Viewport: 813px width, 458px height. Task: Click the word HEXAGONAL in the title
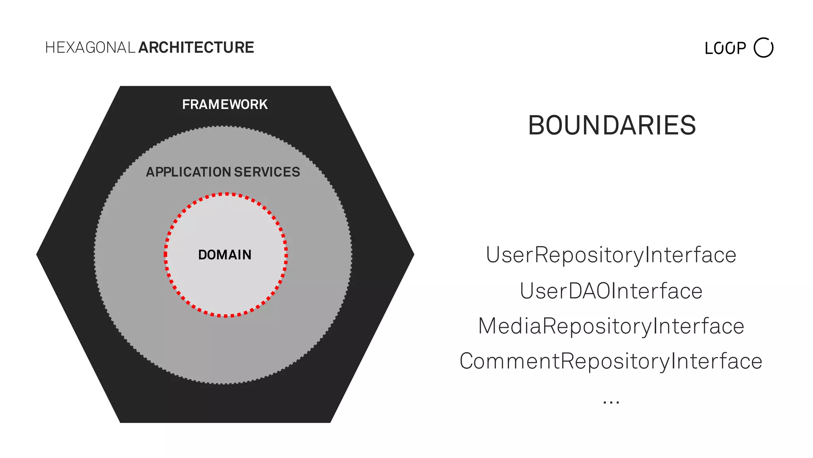(x=91, y=48)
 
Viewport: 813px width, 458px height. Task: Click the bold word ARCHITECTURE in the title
(x=196, y=48)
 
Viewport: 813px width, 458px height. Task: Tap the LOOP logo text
(x=725, y=49)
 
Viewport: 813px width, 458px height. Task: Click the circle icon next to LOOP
(x=763, y=48)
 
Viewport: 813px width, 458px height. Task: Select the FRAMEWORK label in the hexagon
(x=225, y=105)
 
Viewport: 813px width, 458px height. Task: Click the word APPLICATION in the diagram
(x=189, y=172)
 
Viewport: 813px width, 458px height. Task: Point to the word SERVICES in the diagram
(x=267, y=172)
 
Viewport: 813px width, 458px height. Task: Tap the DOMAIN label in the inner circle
(x=225, y=255)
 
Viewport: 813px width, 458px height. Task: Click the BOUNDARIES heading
(x=612, y=126)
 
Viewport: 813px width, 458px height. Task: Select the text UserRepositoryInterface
(x=611, y=255)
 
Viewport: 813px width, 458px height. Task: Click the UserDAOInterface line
(x=611, y=291)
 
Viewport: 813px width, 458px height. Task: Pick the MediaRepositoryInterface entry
(x=611, y=326)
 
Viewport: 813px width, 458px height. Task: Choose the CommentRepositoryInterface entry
(x=611, y=361)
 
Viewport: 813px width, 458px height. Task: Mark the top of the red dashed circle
(x=225, y=194)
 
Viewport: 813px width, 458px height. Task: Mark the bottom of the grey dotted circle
(x=223, y=384)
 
